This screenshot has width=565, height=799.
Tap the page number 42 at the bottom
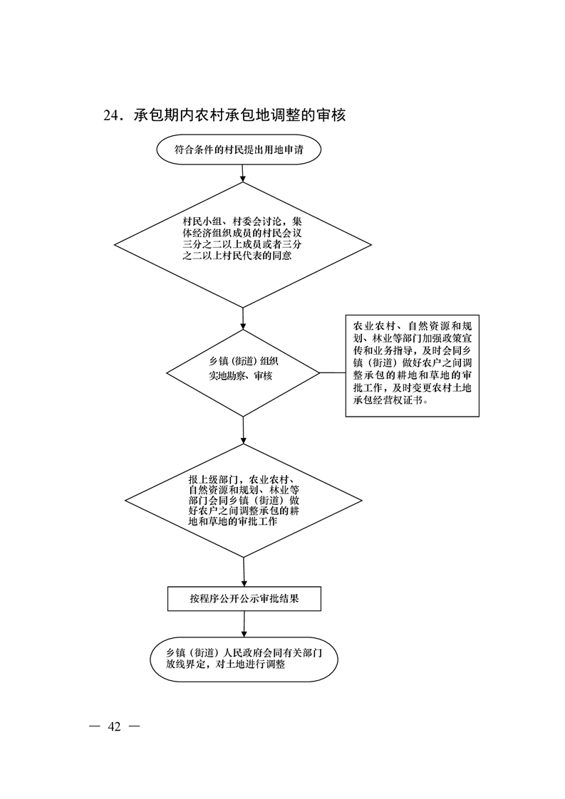click(x=114, y=726)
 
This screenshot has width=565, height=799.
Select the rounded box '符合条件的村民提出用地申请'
click(x=239, y=150)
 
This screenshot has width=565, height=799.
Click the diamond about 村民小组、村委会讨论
click(x=243, y=244)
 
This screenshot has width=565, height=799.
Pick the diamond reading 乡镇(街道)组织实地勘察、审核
click(x=243, y=372)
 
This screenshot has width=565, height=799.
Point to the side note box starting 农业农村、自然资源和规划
click(x=412, y=365)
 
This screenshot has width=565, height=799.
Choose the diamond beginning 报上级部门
click(x=244, y=501)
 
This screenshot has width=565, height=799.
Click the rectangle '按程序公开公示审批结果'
click(x=244, y=599)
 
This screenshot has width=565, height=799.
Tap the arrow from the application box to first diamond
click(x=243, y=173)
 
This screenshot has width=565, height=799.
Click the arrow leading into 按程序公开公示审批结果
click(x=244, y=573)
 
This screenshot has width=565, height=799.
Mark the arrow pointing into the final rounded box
click(x=244, y=624)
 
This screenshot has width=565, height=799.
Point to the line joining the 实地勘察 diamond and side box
click(x=333, y=372)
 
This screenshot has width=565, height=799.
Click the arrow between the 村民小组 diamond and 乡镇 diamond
click(x=243, y=319)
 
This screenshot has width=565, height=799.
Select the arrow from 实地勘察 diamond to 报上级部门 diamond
click(x=244, y=430)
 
